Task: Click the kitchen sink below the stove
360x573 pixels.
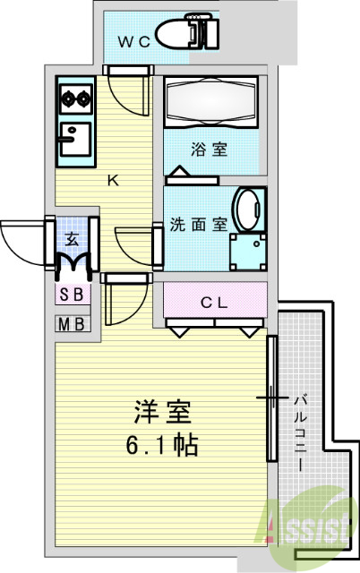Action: pyautogui.click(x=73, y=141)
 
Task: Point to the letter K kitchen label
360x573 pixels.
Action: pyautogui.click(x=113, y=180)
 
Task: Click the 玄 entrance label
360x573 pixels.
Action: pyautogui.click(x=73, y=239)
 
